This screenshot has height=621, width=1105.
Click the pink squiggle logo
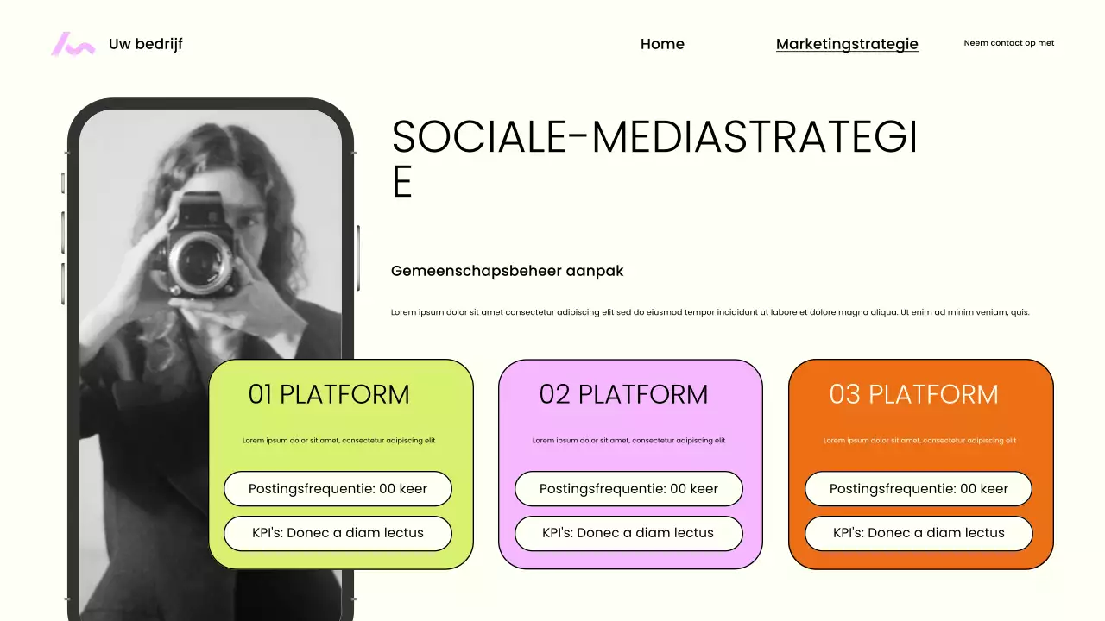73,44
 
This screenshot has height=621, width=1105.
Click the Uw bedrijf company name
145,44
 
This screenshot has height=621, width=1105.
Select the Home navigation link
662,44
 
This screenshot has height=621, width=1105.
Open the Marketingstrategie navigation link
847,44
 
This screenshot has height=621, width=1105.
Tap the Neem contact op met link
1008,43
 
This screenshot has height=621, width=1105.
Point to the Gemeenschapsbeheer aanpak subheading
507,271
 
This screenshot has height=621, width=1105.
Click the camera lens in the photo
201,259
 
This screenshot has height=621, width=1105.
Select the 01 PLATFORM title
329,394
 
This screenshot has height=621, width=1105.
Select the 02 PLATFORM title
623,394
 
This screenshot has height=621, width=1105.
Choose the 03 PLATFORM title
913,394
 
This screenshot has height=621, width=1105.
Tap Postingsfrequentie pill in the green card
338,489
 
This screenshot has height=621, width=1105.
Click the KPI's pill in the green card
338,533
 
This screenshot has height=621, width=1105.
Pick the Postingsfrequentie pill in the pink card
628,489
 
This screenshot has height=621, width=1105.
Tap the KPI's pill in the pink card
628,533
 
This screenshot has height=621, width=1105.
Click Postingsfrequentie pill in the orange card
919,489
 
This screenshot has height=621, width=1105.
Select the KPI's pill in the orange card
919,533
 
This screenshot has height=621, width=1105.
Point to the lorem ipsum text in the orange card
919,441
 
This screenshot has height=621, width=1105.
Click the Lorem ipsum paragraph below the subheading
710,312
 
